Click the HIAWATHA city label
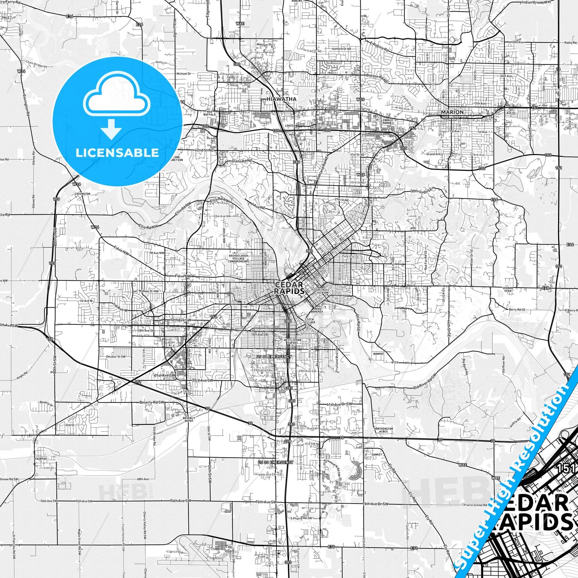tap(282, 99)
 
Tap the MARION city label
tap(452, 112)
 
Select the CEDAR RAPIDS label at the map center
tap(289, 288)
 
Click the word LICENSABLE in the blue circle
tap(117, 152)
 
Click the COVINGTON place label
tap(82, 194)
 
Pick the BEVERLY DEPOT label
tap(189, 419)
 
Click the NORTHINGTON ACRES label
tap(384, 430)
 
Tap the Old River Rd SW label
tap(424, 382)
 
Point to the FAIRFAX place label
tap(41, 459)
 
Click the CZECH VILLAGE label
tap(309, 320)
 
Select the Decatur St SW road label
tap(116, 356)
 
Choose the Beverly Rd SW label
tap(152, 402)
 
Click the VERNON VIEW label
tap(508, 289)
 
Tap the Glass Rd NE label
tap(242, 161)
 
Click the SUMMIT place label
tap(377, 455)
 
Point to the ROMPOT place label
tap(378, 354)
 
